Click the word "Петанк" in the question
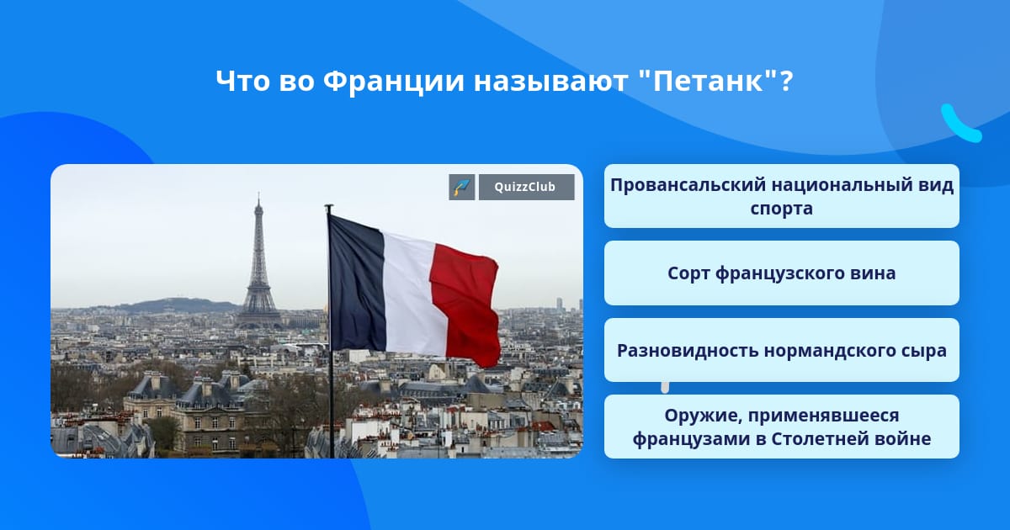[708, 81]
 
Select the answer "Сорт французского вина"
[781, 273]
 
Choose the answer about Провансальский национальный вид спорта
[781, 196]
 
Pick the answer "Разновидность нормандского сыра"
[781, 350]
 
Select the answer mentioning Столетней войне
[781, 427]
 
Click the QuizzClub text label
[525, 187]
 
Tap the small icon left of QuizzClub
[462, 187]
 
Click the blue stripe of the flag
[356, 284]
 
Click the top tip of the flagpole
[329, 206]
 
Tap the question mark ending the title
[786, 81]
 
